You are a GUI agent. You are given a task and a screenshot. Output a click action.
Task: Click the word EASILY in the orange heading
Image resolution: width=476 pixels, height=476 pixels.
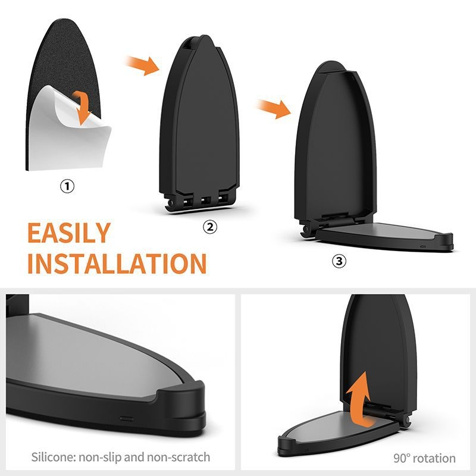click(69, 233)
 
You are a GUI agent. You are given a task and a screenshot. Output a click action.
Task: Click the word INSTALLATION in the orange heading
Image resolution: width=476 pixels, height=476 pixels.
click(117, 263)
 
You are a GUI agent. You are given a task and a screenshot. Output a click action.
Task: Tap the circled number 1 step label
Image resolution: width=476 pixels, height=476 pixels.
click(67, 186)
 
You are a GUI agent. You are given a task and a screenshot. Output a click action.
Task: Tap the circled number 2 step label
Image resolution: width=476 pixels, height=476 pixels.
click(210, 227)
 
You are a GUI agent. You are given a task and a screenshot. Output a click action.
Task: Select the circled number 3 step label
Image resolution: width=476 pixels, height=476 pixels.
click(339, 261)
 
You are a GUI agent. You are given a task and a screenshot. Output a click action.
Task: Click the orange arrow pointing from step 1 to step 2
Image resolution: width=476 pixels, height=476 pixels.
click(142, 65)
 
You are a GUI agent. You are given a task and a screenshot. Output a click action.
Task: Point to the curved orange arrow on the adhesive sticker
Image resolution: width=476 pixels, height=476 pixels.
click(82, 108)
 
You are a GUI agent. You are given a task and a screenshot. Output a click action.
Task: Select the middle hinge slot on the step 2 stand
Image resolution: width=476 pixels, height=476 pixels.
click(206, 201)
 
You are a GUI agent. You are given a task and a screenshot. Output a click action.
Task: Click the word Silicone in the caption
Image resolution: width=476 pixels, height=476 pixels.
click(53, 457)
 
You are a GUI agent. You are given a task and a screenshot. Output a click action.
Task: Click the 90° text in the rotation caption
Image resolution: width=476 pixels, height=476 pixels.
click(402, 458)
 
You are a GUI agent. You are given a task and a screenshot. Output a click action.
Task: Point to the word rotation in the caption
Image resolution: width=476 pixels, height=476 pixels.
click(435, 458)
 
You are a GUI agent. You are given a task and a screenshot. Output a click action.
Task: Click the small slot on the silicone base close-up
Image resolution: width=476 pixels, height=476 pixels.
click(126, 419)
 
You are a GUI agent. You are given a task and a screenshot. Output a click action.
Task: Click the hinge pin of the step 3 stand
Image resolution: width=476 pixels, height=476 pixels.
click(305, 229)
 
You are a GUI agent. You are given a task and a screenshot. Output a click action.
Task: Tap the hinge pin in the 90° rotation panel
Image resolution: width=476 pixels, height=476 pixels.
click(407, 421)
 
